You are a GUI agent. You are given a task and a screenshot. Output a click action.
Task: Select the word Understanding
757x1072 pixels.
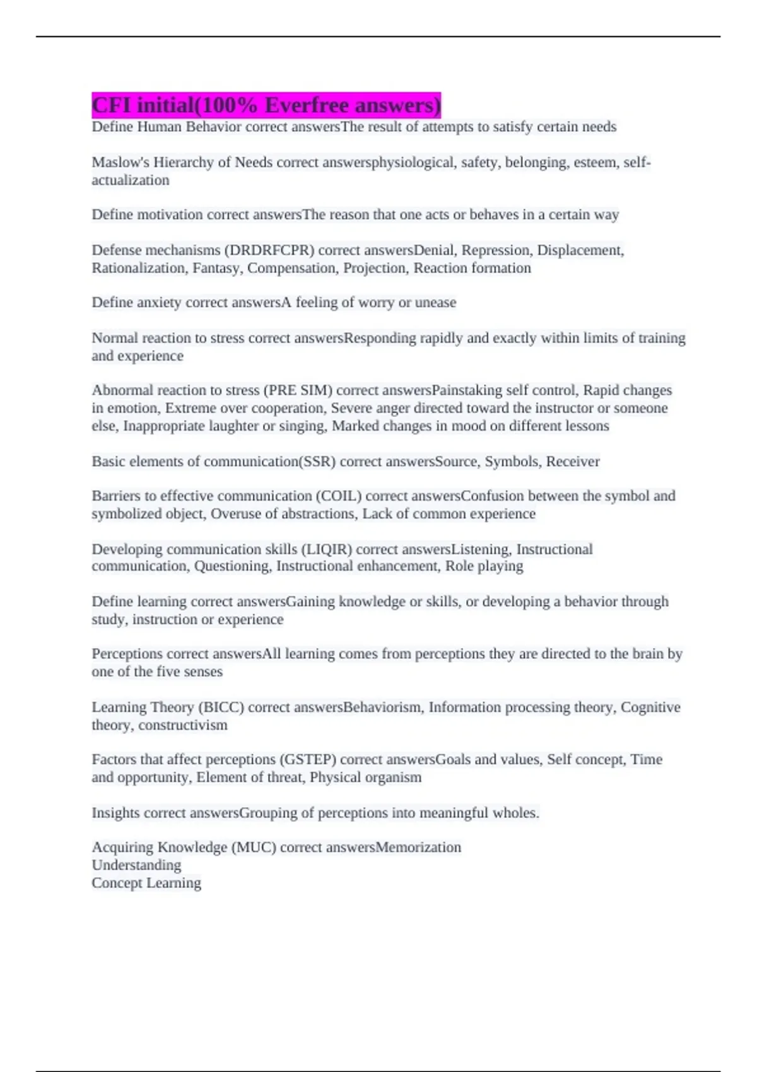point(136,865)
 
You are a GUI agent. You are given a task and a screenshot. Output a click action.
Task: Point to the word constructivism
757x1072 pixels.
point(183,725)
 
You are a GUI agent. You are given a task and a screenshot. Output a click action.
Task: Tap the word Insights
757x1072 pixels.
point(115,813)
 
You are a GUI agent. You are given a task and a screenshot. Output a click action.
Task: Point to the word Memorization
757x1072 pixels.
point(419,847)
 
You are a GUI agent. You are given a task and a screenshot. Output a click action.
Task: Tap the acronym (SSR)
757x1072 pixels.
point(317,462)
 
